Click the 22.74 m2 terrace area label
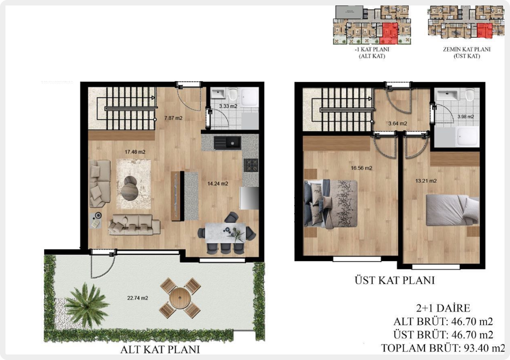138,298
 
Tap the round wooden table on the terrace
179,298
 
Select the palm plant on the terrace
87,304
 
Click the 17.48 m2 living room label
135,152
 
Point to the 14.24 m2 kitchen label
218,184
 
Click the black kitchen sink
227,143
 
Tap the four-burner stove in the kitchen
251,165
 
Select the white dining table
225,232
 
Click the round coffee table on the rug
130,188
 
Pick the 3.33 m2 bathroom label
228,106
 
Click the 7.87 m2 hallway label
173,118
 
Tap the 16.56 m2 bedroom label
362,168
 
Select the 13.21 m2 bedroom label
426,180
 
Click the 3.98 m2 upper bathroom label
466,117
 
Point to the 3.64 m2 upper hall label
398,123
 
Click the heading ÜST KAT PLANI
394,280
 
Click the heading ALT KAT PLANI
160,349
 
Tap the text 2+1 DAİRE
443,308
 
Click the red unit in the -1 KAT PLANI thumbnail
389,33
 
